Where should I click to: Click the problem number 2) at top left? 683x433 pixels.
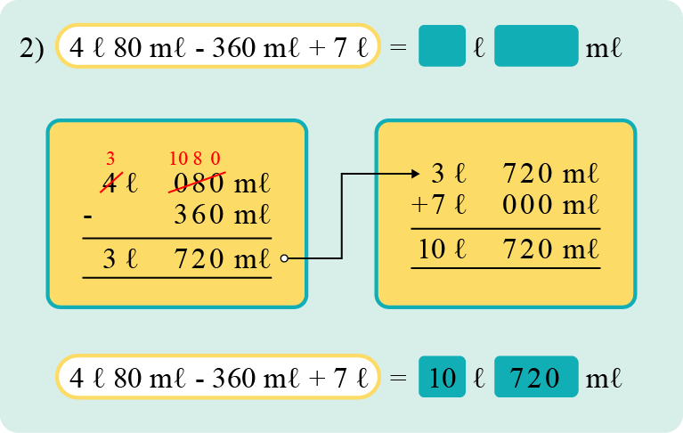pos(31,48)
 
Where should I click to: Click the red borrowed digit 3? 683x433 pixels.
pos(110,159)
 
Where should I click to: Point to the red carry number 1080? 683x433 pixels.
pos(194,159)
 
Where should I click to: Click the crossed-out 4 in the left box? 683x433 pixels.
pos(110,184)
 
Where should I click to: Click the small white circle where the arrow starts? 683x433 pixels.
pos(284,259)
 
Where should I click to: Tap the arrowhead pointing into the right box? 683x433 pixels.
pos(416,174)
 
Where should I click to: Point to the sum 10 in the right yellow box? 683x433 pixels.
pos(433,249)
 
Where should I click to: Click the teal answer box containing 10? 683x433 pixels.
pos(442,378)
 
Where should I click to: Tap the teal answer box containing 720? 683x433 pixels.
pos(536,378)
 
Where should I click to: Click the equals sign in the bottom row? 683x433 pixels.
pos(398,378)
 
